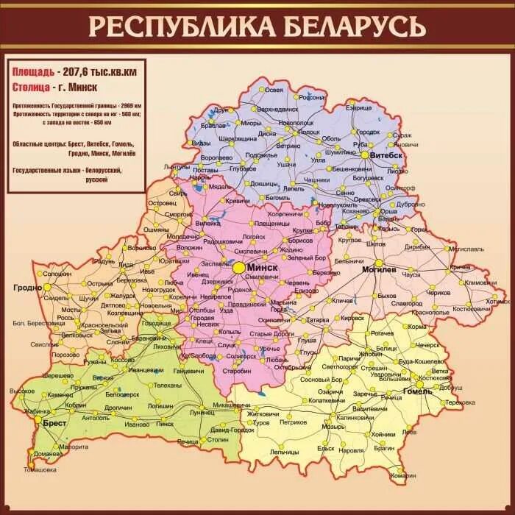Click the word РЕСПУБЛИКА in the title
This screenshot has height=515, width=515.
click(173, 26)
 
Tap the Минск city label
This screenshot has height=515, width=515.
click(262, 268)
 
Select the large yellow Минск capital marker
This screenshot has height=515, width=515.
click(239, 269)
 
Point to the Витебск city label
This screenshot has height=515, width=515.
click(387, 156)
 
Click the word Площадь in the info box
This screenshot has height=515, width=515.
click(32, 72)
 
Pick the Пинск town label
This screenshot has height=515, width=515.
click(166, 425)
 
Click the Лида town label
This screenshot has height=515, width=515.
click(126, 263)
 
